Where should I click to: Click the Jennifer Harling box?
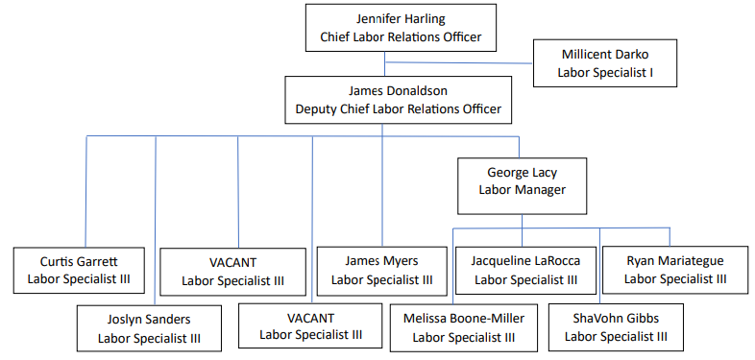pos(401,28)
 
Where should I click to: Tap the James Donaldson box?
pos(398,100)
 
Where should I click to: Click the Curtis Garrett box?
pos(79,271)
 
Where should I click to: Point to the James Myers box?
pos(381,271)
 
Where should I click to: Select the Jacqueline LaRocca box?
pos(524,271)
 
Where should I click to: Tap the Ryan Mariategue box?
pos(674,271)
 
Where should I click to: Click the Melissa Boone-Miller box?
pos(463,327)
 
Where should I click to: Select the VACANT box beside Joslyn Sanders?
pos(309,327)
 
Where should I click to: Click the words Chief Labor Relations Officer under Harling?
pos(401,38)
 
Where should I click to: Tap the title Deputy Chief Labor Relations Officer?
pos(398,109)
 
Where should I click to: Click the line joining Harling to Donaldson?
pos(385,64)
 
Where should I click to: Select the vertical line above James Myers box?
pos(383,192)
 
